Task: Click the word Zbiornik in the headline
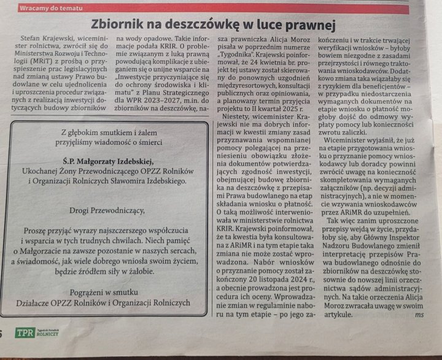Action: coord(118,25)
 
